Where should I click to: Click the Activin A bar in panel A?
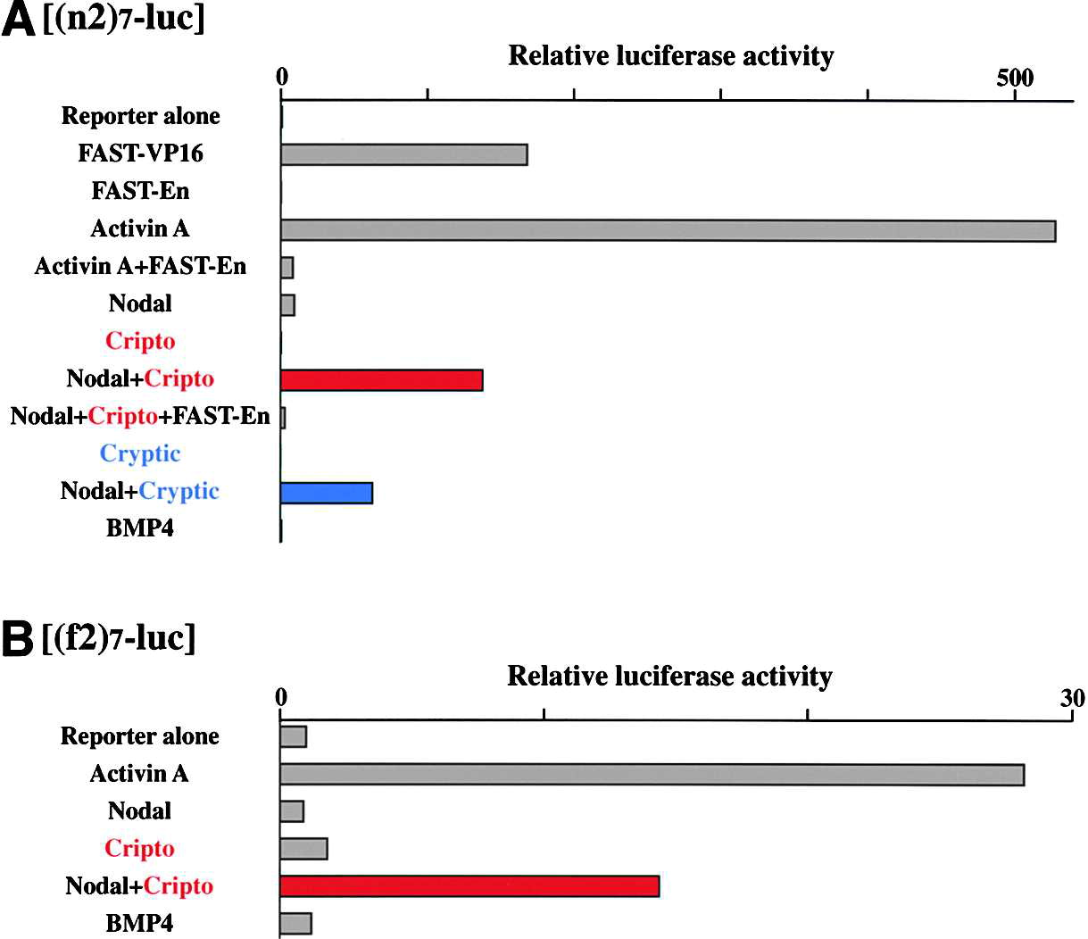pos(668,230)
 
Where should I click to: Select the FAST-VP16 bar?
pos(403,154)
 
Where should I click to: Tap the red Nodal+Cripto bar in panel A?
pos(381,379)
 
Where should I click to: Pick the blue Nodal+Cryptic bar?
pos(326,492)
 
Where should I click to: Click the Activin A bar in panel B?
pos(652,775)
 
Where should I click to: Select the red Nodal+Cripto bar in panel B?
pos(469,885)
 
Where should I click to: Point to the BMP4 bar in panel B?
pos(295,923)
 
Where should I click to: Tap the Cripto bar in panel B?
pos(303,848)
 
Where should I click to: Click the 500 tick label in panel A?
pos(1015,78)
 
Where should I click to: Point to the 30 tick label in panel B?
pos(1073,697)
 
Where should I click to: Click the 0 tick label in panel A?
pos(282,78)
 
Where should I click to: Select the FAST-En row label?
pos(140,191)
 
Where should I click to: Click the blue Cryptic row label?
pos(140,453)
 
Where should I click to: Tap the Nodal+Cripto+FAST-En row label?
pos(140,416)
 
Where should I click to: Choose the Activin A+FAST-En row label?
pos(140,266)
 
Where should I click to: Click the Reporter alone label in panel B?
pos(140,736)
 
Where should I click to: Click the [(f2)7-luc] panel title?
pos(119,637)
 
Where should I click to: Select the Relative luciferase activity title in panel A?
pos(670,56)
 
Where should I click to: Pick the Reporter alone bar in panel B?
pos(293,736)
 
